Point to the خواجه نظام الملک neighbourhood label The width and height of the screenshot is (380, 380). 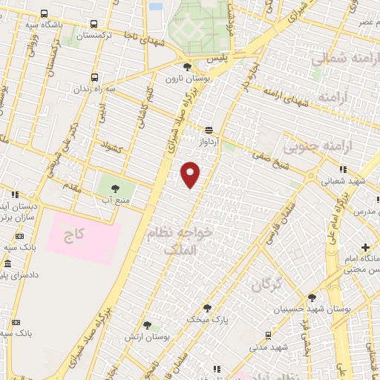180,240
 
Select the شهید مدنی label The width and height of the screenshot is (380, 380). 268,347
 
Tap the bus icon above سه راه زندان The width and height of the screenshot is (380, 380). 94,76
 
